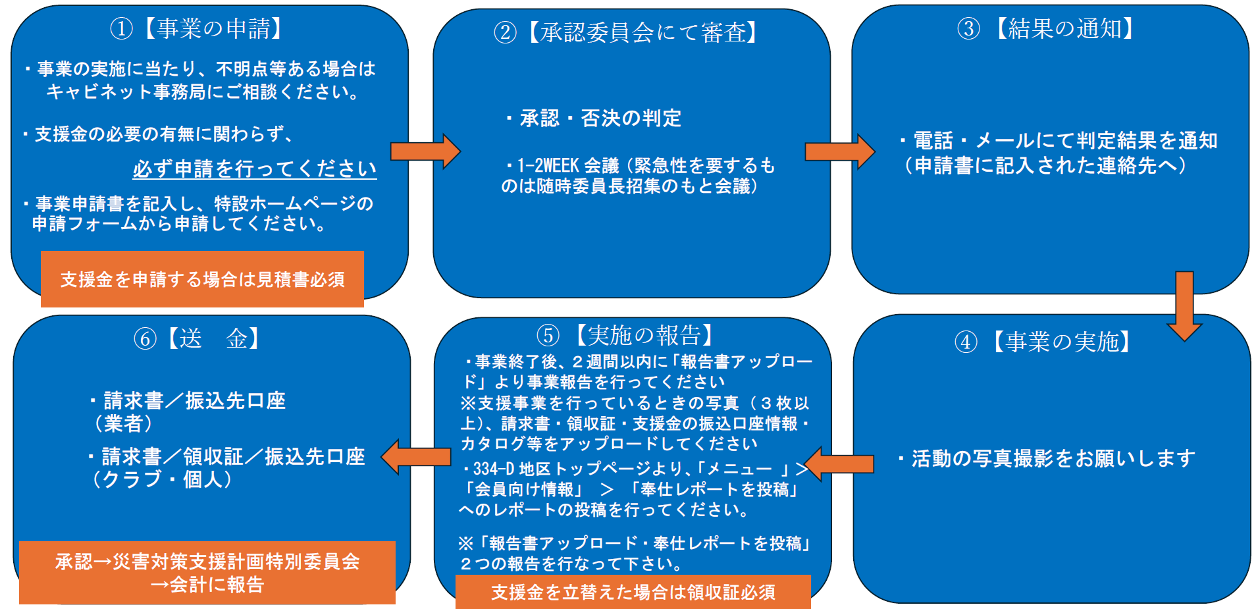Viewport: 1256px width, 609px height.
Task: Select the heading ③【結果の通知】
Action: point(1046,29)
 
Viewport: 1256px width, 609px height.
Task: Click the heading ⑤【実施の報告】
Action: point(625,336)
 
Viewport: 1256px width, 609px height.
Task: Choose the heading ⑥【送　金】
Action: point(197,339)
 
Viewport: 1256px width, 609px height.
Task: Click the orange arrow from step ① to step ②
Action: point(425,151)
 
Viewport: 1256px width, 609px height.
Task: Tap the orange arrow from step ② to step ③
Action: point(839,151)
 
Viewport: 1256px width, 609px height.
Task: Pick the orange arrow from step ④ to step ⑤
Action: point(839,464)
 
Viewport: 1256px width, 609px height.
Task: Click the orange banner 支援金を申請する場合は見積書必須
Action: point(202,279)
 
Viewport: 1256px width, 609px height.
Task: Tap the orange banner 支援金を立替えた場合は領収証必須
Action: point(633,592)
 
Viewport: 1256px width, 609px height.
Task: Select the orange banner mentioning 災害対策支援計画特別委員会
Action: point(207,572)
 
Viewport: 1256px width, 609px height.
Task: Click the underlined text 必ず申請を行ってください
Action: point(255,169)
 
